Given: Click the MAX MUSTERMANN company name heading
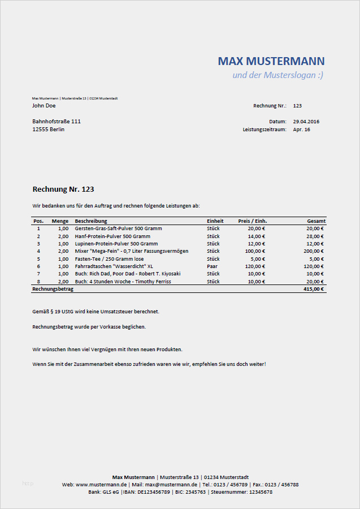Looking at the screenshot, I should [x=271, y=61].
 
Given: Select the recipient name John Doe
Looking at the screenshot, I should [x=44, y=106].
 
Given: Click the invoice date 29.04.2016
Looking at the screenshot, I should [x=306, y=122].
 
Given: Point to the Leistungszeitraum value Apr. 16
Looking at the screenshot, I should [x=302, y=130].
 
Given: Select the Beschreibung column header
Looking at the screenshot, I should [x=91, y=221].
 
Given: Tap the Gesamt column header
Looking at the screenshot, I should [x=316, y=221].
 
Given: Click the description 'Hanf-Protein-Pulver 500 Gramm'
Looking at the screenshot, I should [x=112, y=236].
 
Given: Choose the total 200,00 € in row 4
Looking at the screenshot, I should [x=314, y=251].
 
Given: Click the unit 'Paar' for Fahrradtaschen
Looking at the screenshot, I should [x=212, y=266].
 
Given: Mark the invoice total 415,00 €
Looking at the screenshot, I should [x=314, y=289].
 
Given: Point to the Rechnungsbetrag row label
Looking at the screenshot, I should [x=53, y=289].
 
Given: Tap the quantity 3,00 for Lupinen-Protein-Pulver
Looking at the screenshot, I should [x=63, y=244].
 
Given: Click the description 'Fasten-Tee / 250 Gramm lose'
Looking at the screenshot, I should [x=109, y=258].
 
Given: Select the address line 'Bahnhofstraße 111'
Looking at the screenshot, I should [x=57, y=122].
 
